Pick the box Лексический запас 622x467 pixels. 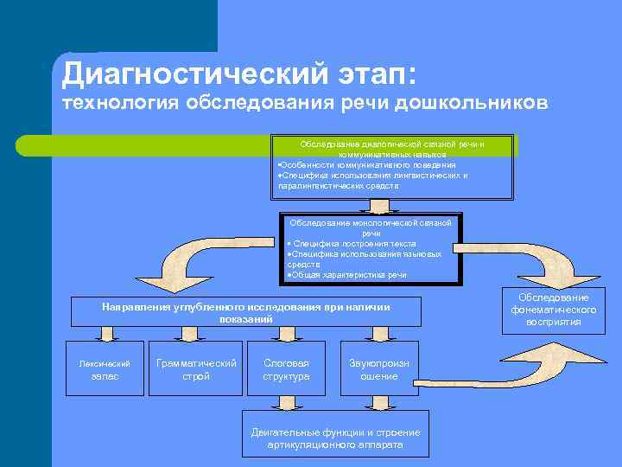click(x=105, y=369)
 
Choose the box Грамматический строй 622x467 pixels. click(x=196, y=369)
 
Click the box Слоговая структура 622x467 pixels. click(x=286, y=369)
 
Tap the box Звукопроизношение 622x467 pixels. click(x=379, y=369)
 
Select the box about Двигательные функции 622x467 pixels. click(x=335, y=438)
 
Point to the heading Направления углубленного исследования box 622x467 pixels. click(x=245, y=312)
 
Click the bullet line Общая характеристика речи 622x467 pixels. click(x=346, y=274)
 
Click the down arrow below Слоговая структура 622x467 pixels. click(x=286, y=404)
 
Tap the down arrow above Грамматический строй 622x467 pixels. click(x=196, y=334)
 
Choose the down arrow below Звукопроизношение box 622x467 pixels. click(x=379, y=404)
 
